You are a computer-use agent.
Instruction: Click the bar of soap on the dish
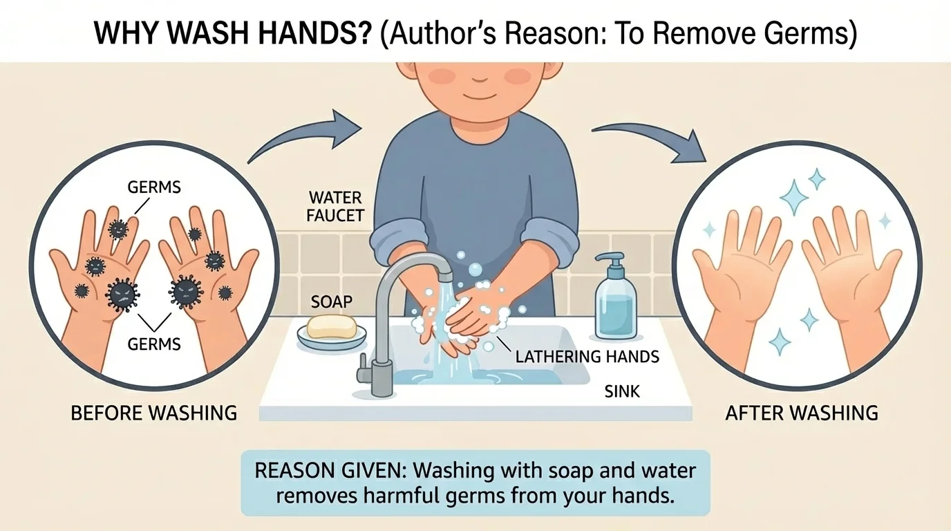pos(331,326)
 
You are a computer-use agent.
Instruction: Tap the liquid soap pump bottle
pos(615,304)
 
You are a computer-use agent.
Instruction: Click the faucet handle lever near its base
pos(364,366)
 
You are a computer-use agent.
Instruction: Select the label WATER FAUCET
pos(336,206)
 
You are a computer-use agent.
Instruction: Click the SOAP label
pos(331,301)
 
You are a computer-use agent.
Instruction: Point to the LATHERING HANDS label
pos(587,357)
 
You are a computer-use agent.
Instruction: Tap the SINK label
pos(622,391)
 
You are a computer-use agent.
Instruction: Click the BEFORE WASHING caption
pos(154,413)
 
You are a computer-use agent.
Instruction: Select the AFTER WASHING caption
pos(802,413)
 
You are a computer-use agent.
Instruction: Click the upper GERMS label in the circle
pos(155,187)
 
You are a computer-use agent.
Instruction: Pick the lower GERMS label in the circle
pos(155,343)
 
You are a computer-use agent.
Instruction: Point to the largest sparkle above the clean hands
pos(794,196)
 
